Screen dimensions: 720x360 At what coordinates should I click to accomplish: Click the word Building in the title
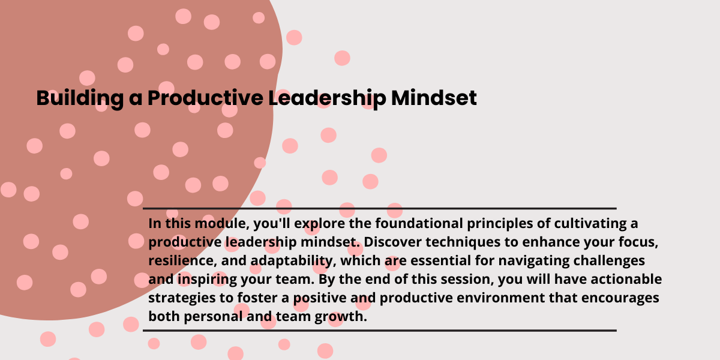(80, 98)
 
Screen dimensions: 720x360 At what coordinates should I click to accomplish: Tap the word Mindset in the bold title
(434, 97)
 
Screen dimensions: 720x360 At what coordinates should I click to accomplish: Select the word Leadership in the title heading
(327, 98)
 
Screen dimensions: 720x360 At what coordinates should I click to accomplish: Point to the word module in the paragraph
(222, 224)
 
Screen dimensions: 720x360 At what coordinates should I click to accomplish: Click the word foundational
(419, 223)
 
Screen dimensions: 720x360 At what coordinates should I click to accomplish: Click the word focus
(638, 242)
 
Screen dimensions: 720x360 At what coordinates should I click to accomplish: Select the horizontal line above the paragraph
(380, 209)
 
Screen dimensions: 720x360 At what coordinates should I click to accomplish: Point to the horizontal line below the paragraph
(380, 331)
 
